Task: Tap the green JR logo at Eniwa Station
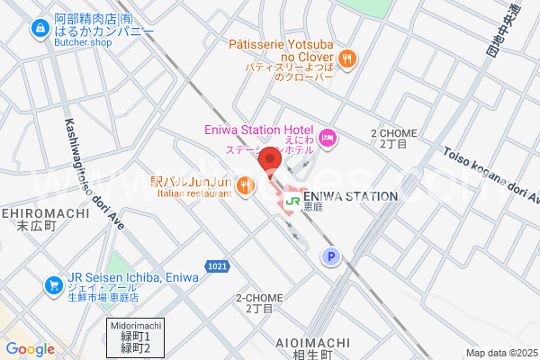292,201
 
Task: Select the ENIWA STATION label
350,196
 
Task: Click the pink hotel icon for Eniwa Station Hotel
328,137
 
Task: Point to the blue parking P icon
330,257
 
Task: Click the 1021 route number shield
216,266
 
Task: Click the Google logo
31,349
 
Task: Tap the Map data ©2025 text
500,353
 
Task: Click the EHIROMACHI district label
44,213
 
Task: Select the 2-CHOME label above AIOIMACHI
259,298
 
